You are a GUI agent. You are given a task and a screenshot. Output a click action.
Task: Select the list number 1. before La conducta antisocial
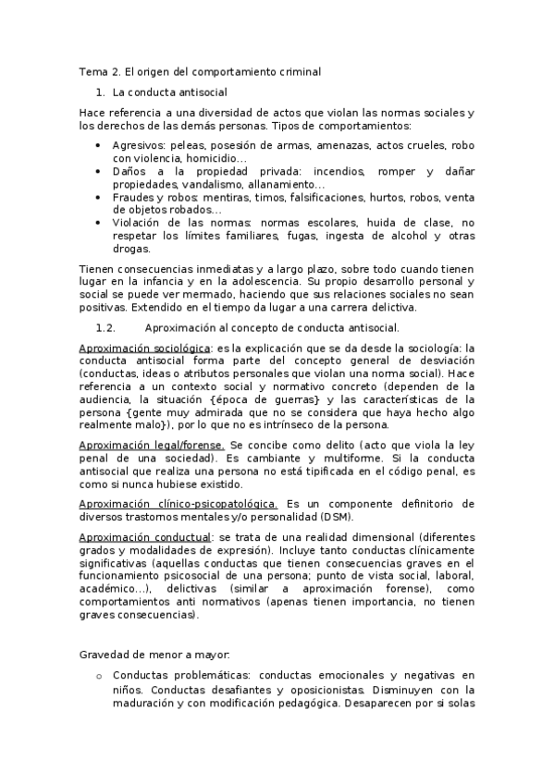tap(102, 92)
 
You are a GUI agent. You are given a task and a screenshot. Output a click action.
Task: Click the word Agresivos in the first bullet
tap(138, 145)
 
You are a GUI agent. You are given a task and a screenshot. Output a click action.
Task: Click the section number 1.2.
tap(104, 327)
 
